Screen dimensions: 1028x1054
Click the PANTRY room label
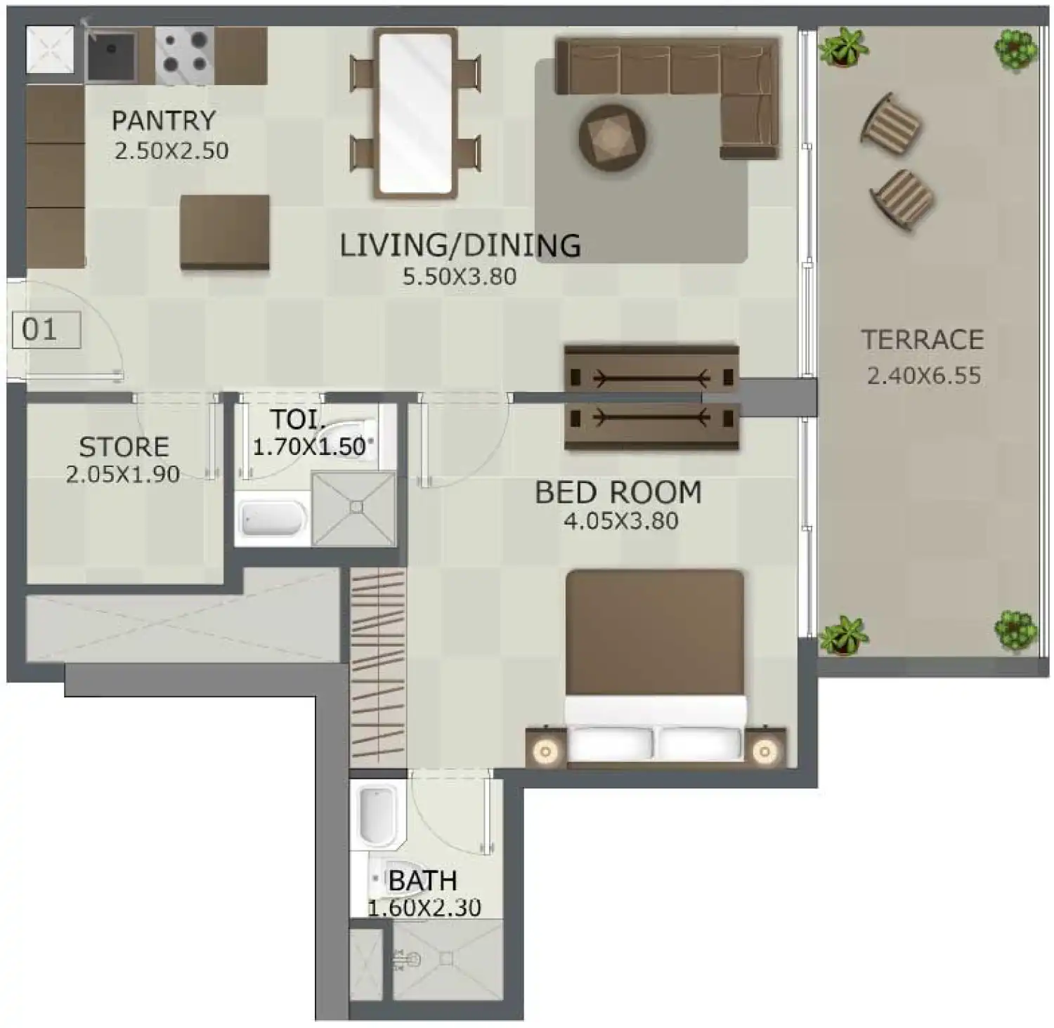pos(163,121)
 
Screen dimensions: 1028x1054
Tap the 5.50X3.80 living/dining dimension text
pos(459,277)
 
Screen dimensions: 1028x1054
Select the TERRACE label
pos(922,340)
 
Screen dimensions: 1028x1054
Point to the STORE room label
pos(124,447)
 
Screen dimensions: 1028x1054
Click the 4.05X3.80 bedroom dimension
pos(620,521)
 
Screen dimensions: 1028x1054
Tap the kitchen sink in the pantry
pos(111,55)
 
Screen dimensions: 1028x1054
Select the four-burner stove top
pos(184,55)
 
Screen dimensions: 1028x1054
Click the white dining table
pos(415,112)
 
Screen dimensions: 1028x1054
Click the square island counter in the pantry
pos(225,232)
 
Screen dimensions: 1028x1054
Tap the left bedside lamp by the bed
pos(545,751)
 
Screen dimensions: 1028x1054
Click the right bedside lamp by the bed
pos(765,751)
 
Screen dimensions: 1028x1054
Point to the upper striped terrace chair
pos(891,125)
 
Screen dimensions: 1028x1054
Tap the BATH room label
pos(422,881)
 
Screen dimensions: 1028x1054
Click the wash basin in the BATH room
pos(378,816)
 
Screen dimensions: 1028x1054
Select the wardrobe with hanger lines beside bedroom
pos(378,667)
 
